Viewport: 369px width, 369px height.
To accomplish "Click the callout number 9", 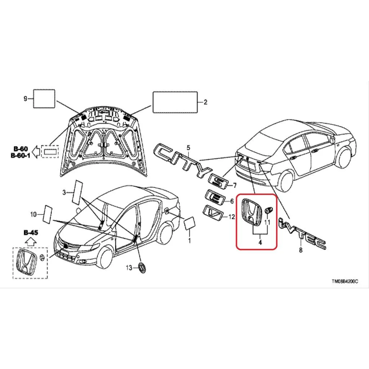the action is [x=26, y=99].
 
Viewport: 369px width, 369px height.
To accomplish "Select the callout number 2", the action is [x=205, y=102].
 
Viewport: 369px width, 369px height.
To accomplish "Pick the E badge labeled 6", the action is [x=214, y=197].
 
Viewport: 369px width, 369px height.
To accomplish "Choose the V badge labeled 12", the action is [x=213, y=213].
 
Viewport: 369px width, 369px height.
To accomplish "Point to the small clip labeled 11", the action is [x=268, y=210].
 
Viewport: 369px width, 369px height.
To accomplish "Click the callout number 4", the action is [x=260, y=242].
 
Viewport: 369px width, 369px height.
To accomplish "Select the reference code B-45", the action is [x=31, y=233].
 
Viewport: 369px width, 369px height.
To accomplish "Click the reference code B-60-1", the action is [x=21, y=156].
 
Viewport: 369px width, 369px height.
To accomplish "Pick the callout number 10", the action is [x=34, y=214].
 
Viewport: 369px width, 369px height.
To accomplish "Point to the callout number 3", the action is [x=64, y=192].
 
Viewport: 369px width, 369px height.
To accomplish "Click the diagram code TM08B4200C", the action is [x=345, y=281].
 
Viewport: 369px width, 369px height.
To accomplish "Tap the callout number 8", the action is [x=301, y=250].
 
